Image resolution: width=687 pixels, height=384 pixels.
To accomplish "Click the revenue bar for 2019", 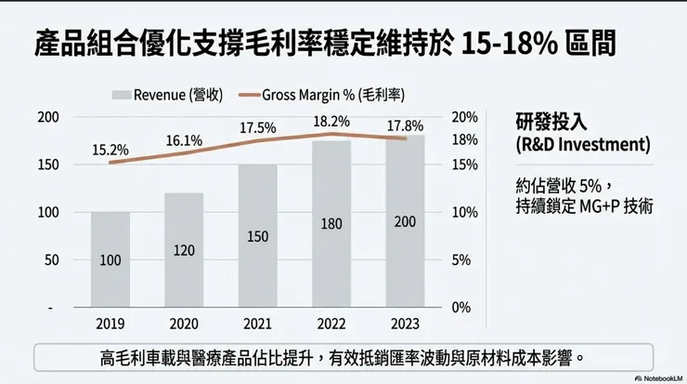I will tap(110, 259).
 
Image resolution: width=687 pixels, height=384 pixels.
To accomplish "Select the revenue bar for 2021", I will tap(257, 236).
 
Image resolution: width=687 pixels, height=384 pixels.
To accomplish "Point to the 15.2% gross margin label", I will tap(110, 149).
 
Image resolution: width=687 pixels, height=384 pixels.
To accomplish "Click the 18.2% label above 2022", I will tap(331, 121).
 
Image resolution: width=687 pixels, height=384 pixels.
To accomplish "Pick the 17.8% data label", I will tap(406, 126).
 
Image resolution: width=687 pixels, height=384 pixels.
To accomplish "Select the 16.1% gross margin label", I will tap(184, 140).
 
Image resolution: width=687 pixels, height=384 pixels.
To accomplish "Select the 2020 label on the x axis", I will tap(184, 324).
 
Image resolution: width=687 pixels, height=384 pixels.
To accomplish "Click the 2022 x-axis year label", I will tap(331, 324).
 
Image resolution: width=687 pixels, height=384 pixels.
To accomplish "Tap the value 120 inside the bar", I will tap(184, 250).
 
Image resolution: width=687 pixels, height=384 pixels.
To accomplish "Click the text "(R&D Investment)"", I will tap(582, 146).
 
